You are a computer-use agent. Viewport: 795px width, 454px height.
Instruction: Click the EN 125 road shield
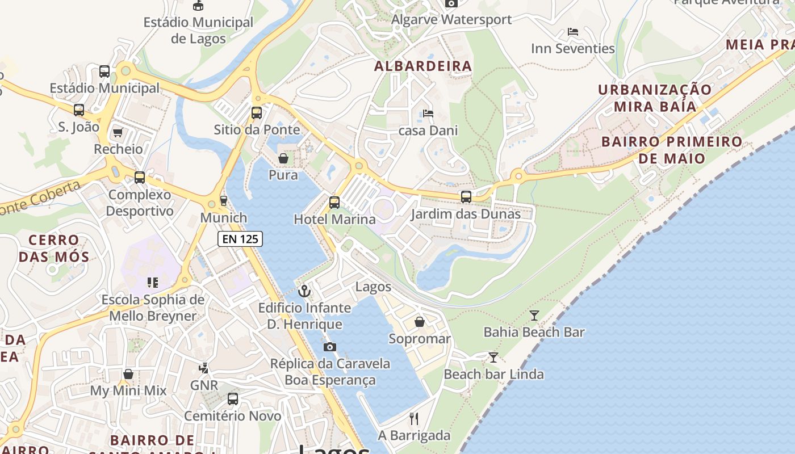click(240, 239)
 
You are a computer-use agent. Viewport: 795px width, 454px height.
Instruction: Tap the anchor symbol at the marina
click(305, 291)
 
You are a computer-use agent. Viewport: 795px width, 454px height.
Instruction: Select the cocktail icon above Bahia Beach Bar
click(534, 315)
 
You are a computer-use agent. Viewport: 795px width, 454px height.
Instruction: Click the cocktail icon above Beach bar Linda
click(493, 357)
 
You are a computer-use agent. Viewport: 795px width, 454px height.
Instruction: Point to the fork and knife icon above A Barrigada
click(414, 419)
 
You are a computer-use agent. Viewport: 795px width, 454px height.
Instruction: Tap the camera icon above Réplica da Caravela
click(329, 347)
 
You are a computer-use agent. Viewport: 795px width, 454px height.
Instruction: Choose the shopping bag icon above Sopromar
click(420, 322)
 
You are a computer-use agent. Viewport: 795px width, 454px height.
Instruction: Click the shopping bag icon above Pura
click(283, 158)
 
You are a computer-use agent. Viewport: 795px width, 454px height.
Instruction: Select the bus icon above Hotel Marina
click(334, 202)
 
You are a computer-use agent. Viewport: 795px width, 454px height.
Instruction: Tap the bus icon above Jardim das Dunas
click(466, 197)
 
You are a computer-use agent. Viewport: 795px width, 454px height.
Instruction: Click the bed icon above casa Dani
click(428, 113)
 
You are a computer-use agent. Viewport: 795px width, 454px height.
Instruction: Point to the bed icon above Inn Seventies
click(573, 32)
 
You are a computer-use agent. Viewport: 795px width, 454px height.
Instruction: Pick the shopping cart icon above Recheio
click(118, 132)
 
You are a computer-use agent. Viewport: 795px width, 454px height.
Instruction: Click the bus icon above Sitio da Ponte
click(257, 112)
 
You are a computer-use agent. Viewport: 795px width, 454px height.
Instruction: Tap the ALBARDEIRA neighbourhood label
click(423, 66)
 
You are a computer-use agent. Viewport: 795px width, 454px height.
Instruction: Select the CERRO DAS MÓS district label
click(54, 248)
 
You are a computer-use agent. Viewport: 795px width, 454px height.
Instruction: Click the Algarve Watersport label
click(451, 19)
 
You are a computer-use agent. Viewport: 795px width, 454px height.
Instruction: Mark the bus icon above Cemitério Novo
click(233, 398)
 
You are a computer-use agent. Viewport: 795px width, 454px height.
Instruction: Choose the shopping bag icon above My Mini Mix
click(128, 374)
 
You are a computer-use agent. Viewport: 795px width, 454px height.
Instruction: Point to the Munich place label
click(224, 217)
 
